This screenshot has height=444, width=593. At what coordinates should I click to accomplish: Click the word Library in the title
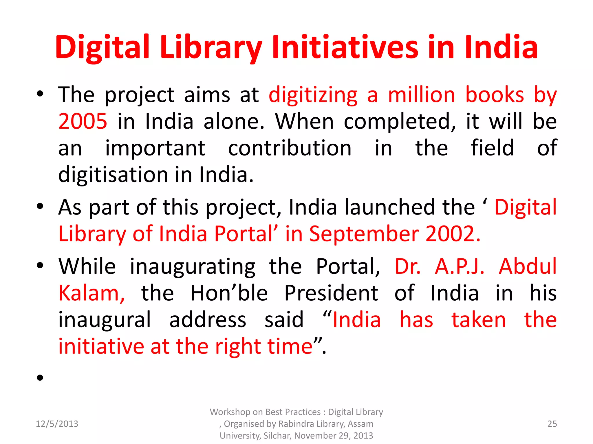211,47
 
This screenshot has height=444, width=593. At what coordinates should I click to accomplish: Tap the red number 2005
83,121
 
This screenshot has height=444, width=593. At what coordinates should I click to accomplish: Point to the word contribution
290,148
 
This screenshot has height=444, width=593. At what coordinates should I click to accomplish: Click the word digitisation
113,175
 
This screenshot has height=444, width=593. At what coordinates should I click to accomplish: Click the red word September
364,234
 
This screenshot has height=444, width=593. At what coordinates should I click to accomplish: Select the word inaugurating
193,267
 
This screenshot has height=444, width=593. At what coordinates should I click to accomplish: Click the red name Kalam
91,293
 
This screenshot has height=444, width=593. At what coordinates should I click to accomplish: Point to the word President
331,293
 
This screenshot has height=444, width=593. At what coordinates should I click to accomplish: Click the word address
208,320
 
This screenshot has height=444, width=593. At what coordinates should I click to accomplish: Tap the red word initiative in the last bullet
101,346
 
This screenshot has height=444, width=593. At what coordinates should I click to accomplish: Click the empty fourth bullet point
40,377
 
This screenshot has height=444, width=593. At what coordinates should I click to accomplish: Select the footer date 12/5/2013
57,424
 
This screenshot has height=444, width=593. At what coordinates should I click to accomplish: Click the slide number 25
552,424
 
